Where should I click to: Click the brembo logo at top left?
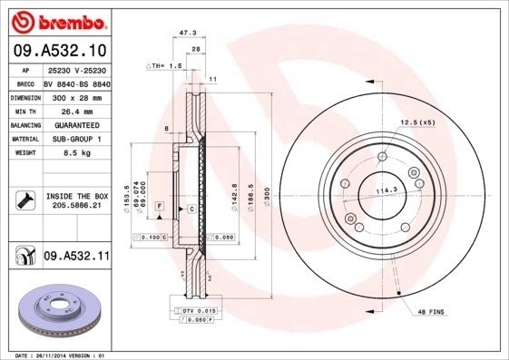click(x=56, y=20)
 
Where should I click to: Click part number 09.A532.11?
click(x=77, y=257)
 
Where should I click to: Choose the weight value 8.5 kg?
click(x=77, y=153)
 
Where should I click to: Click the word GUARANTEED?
click(x=77, y=124)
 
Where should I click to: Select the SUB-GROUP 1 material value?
click(x=77, y=139)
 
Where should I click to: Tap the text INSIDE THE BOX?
click(x=77, y=196)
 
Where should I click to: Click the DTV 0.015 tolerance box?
click(x=194, y=311)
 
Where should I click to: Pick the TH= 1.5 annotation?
click(x=166, y=67)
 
